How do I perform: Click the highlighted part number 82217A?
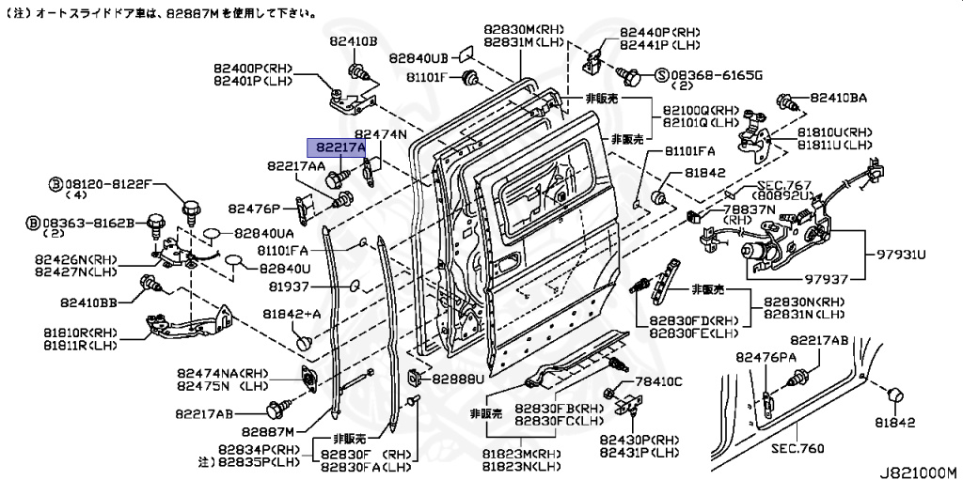click(340, 147)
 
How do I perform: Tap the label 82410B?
click(353, 41)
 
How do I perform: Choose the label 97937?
click(827, 277)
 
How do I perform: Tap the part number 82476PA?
click(767, 357)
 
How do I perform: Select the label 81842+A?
click(292, 314)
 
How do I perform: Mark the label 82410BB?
click(89, 302)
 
